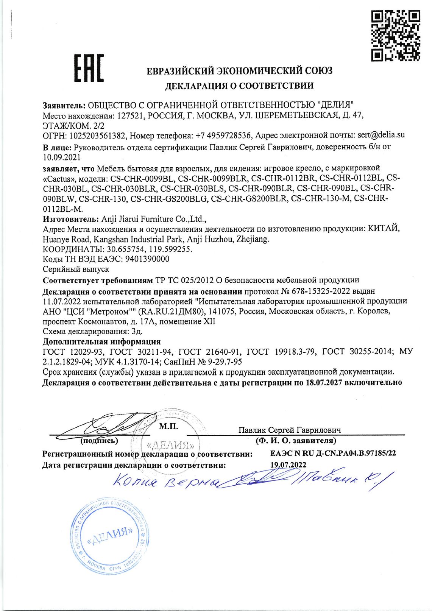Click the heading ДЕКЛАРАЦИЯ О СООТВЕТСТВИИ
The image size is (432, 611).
(239, 86)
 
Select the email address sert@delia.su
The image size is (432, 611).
(381, 135)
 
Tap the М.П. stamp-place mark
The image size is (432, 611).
(168, 427)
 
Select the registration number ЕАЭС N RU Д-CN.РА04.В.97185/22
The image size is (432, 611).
(333, 453)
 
